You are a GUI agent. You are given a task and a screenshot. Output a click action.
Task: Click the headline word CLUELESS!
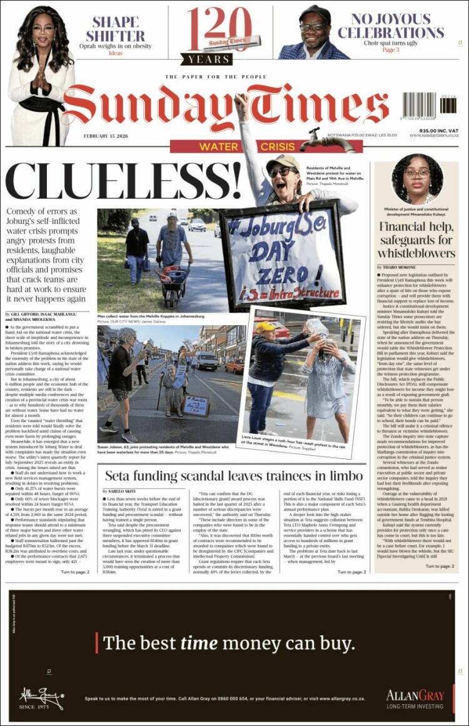(x=123, y=180)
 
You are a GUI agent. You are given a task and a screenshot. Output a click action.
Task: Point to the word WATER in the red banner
(x=219, y=147)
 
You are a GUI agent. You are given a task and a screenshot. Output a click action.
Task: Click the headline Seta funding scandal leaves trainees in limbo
(x=233, y=476)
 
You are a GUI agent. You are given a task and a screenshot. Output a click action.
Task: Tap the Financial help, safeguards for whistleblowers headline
(x=416, y=239)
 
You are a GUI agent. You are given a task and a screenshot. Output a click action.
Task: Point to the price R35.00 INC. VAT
(x=439, y=130)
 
